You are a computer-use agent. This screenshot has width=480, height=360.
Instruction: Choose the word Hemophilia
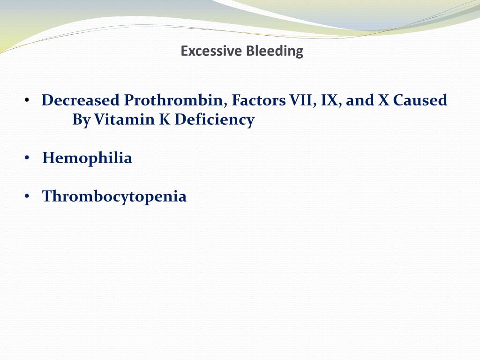click(87, 158)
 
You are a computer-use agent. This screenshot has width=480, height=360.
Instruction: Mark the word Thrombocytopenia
click(114, 196)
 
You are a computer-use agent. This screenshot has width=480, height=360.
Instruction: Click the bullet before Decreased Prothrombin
click(27, 101)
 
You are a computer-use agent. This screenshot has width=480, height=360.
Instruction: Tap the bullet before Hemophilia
click(27, 158)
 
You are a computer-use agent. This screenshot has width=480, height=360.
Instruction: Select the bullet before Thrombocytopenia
click(27, 196)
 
